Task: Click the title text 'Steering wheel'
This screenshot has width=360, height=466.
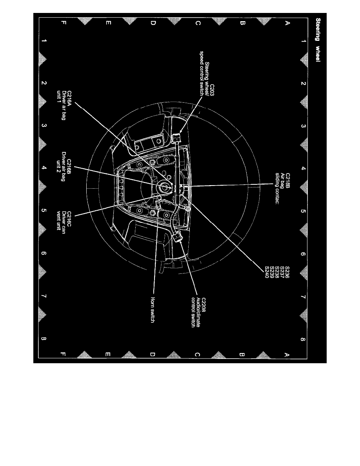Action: coord(318,40)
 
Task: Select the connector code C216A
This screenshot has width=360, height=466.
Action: coord(69,98)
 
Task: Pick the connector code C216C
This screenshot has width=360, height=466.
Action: coord(69,219)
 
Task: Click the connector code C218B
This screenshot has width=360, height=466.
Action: coord(287,181)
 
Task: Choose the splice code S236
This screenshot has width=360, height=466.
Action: coord(287,272)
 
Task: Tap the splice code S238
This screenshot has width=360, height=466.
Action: coord(277,272)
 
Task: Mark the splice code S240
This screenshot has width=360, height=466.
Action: coord(267,272)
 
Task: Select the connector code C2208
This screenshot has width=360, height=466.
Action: coord(204,305)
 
